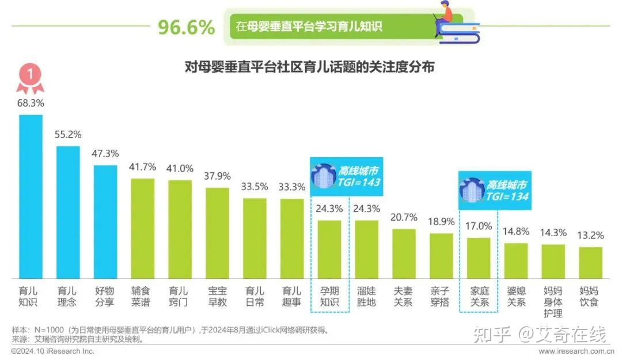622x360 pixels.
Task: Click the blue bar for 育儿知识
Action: pos(31,196)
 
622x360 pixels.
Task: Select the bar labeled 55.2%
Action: pos(68,212)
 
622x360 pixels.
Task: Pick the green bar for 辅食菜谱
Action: pos(143,229)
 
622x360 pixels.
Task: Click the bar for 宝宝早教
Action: pos(217,233)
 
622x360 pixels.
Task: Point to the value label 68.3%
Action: pos(31,104)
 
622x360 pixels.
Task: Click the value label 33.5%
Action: pos(255,187)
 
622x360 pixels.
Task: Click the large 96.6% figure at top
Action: pos(186,27)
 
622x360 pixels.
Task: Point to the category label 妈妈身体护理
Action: pos(553,302)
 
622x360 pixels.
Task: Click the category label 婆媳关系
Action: pos(515,296)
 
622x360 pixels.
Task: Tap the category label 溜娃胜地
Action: pos(366,296)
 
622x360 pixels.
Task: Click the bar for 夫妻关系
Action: pos(404,253)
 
